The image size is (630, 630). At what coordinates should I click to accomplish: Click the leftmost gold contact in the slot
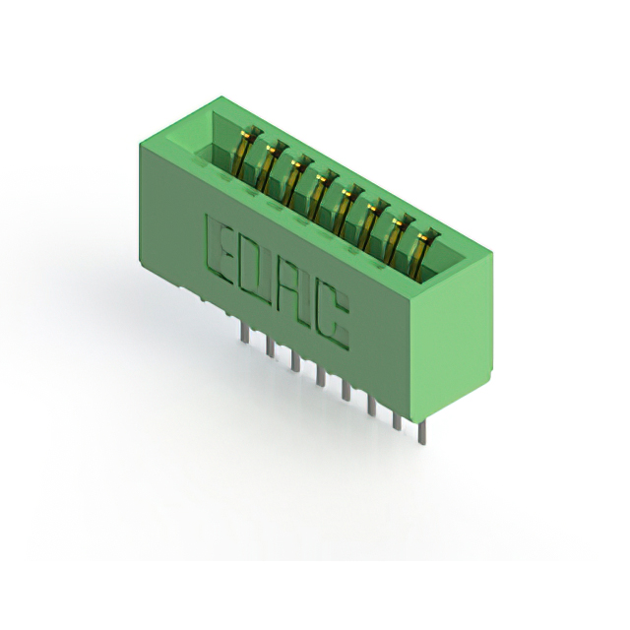[244, 155]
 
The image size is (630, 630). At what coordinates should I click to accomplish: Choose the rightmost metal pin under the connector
[421, 433]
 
